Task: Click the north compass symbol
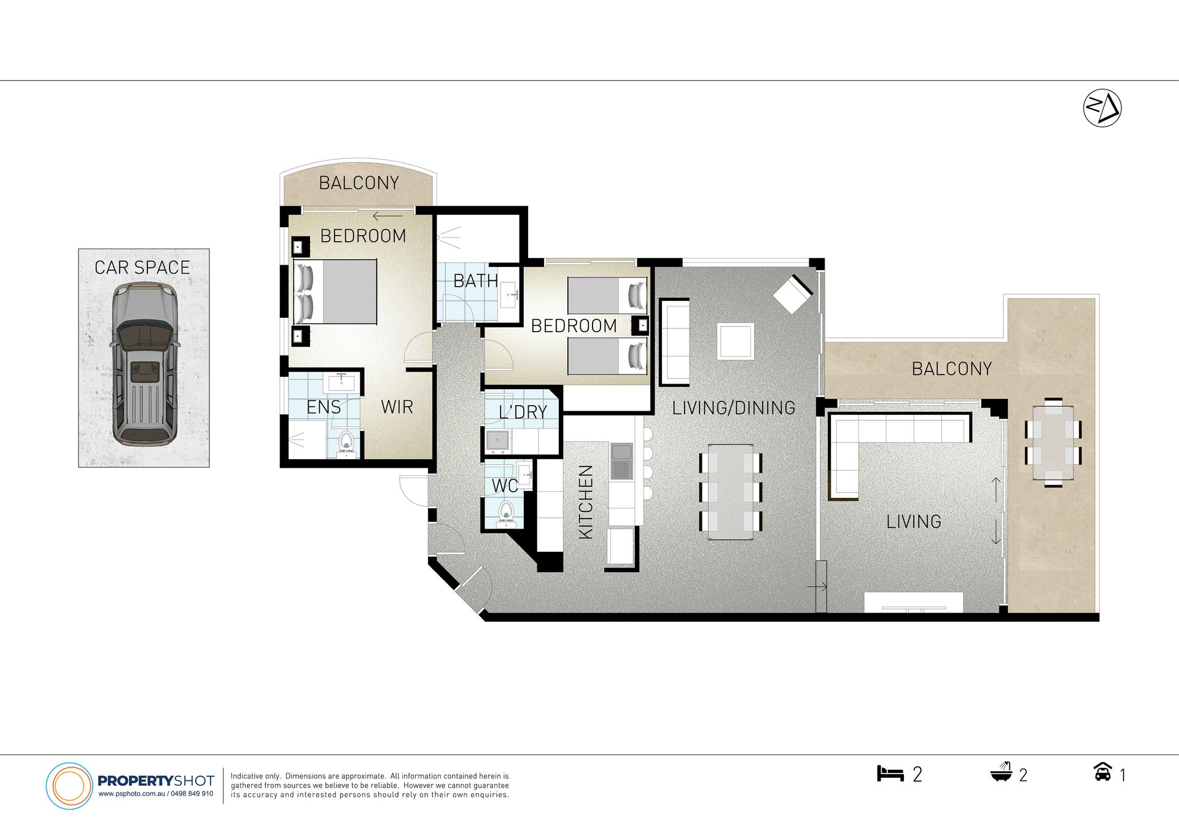tap(1102, 108)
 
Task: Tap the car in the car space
tap(144, 364)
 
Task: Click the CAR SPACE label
tap(142, 268)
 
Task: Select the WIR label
tap(397, 407)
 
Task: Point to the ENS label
tap(324, 407)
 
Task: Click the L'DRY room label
tap(523, 412)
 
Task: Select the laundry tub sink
tap(497, 440)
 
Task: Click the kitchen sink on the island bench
tap(621, 460)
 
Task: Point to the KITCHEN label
tap(586, 502)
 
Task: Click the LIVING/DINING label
tap(734, 408)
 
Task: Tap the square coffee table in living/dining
tap(736, 341)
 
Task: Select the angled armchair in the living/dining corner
tap(793, 294)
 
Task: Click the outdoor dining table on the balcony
tap(1053, 443)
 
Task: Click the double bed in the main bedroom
tap(335, 292)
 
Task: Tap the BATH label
tap(475, 281)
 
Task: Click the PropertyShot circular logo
tap(69, 786)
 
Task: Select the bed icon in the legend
tap(890, 773)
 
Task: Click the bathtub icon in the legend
tap(1002, 772)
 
